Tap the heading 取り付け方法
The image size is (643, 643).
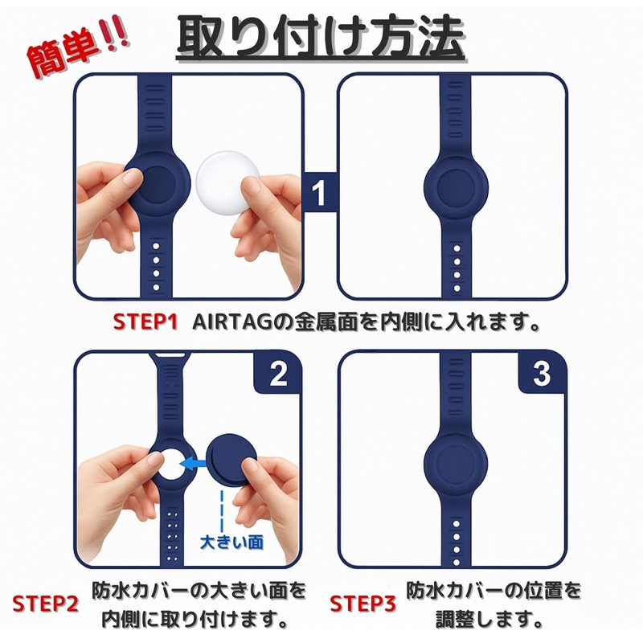pyautogui.click(x=321, y=38)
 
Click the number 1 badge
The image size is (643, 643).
pyautogui.click(x=319, y=192)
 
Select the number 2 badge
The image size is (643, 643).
pyautogui.click(x=278, y=373)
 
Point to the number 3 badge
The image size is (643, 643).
pyautogui.click(x=542, y=373)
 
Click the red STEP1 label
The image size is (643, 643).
pyautogui.click(x=145, y=322)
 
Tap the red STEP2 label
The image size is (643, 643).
pyautogui.click(x=45, y=604)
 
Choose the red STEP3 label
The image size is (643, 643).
pyautogui.click(x=362, y=604)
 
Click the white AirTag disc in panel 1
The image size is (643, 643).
pyautogui.click(x=224, y=183)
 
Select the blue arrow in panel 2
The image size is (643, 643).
pyautogui.click(x=193, y=465)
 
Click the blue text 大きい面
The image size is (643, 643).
pyautogui.click(x=232, y=542)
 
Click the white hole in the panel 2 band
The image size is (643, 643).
pyautogui.click(x=171, y=464)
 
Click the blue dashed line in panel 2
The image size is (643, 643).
pyautogui.click(x=222, y=510)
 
